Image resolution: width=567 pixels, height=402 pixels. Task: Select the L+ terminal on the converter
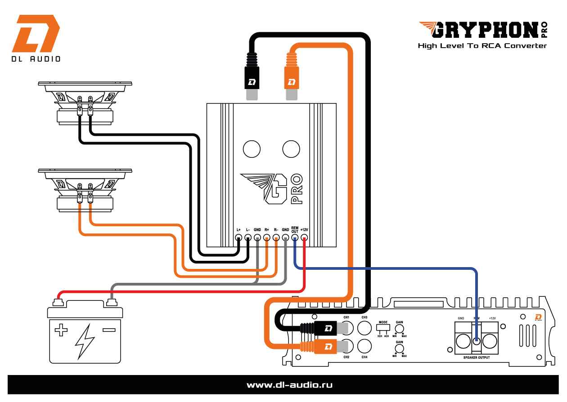tap(238, 238)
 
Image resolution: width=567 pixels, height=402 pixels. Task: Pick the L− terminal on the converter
tap(248, 238)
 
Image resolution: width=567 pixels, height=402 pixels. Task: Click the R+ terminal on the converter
tap(267, 238)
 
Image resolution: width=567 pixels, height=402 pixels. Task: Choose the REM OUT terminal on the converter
tap(295, 238)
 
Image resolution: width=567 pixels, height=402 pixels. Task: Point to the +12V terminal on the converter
tap(304, 238)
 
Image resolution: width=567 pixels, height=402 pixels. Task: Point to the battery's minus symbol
tap(108, 331)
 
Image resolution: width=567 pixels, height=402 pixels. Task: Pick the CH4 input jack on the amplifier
tap(364, 346)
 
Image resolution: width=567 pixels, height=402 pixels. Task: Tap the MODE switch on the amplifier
tap(383, 327)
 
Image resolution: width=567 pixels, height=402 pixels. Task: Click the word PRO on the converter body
tap(297, 189)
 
